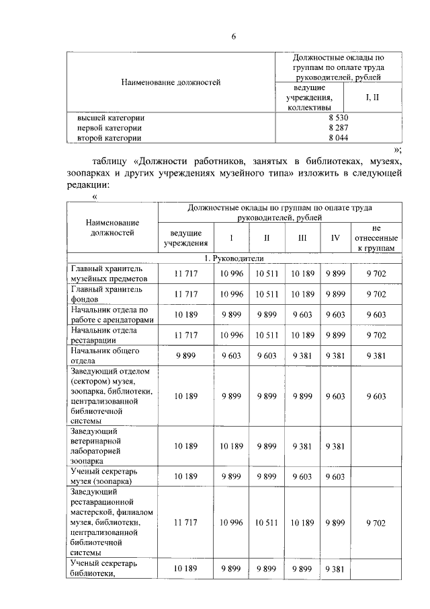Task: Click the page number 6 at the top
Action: [233, 36]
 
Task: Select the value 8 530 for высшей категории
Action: [337, 117]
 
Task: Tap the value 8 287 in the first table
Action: [337, 127]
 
